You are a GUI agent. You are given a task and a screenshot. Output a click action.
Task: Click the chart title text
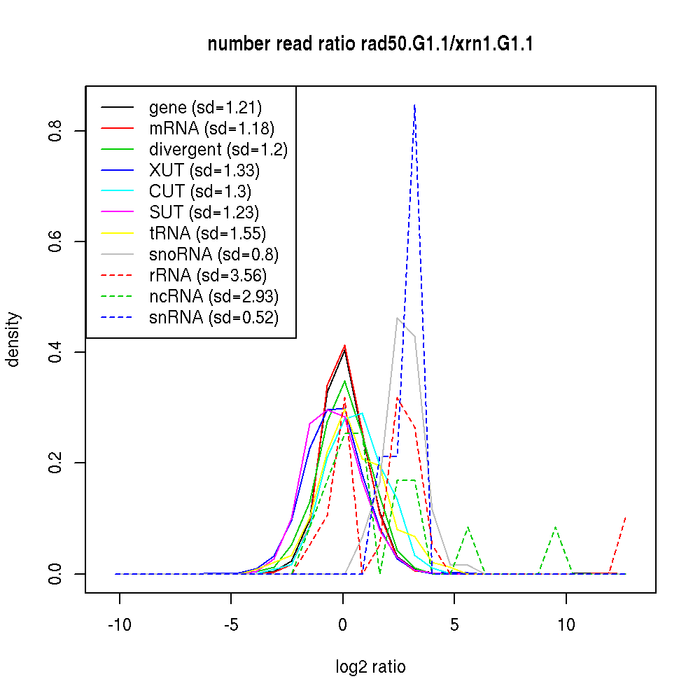tap(370, 45)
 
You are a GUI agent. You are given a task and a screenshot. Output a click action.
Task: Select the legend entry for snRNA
tap(213, 317)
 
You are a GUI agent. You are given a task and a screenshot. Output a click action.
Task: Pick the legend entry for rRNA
tap(208, 275)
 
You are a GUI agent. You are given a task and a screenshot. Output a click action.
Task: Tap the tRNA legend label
tap(207, 233)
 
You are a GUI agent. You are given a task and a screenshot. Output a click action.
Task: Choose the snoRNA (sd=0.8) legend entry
tap(214, 254)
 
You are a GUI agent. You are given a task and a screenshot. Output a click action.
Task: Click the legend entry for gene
tap(205, 107)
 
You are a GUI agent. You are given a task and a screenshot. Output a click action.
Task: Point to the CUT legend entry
tap(200, 191)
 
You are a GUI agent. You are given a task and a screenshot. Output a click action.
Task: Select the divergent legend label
tap(218, 149)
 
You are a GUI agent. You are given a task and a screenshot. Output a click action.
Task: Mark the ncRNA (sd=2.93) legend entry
tap(213, 296)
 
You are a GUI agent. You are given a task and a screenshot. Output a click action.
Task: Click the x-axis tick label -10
tap(119, 624)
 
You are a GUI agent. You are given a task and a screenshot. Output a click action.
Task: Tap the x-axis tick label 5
tap(454, 624)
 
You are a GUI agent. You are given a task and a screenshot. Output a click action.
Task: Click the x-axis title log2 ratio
tap(370, 667)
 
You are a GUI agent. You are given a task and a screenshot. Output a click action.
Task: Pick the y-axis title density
tap(13, 339)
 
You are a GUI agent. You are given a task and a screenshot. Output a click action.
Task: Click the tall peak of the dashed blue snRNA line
tap(415, 105)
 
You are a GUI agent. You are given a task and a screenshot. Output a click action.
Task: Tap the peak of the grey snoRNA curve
tap(398, 318)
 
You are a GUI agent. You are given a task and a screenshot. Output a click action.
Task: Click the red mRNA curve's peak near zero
tap(344, 346)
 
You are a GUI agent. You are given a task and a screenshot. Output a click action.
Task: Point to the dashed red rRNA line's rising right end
tap(624, 518)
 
